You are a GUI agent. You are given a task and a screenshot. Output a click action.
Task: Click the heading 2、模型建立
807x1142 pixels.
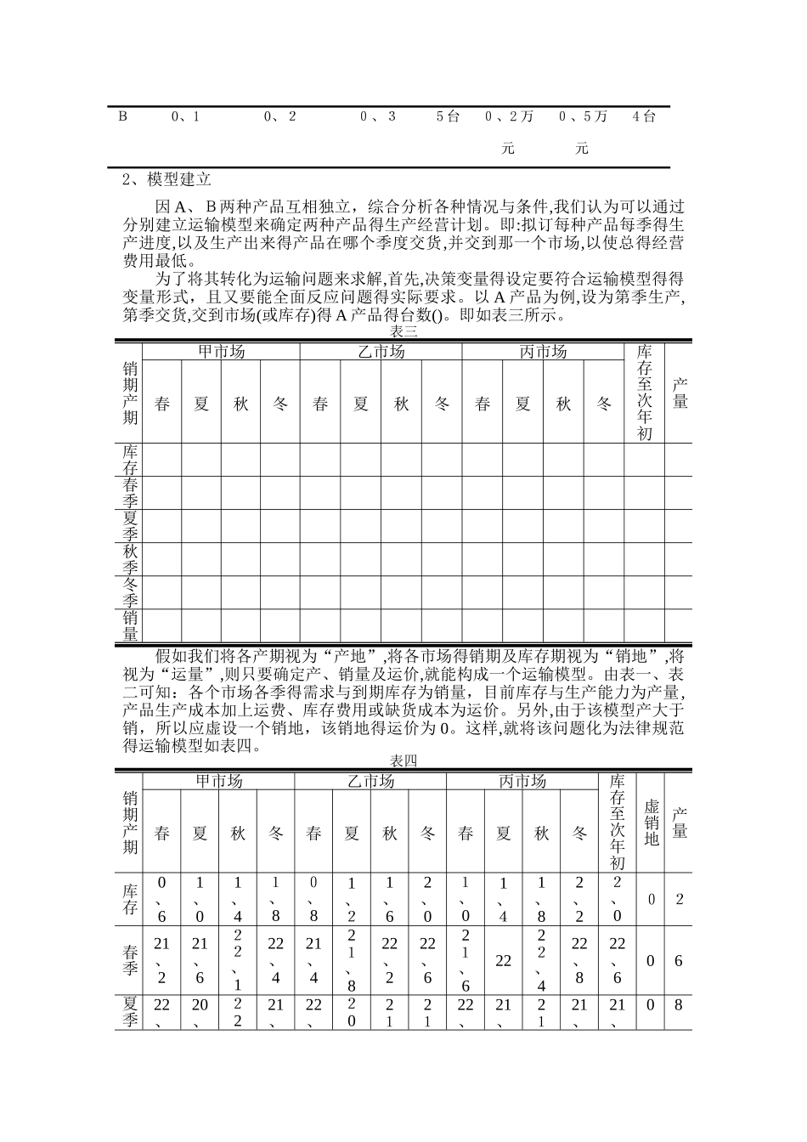pos(166,180)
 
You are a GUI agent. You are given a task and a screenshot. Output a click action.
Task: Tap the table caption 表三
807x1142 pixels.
pos(403,331)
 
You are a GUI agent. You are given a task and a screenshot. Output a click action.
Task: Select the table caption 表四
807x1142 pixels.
pos(403,760)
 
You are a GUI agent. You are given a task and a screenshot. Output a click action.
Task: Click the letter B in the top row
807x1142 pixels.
pos(122,116)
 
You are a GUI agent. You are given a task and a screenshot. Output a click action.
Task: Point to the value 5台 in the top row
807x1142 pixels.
pos(448,116)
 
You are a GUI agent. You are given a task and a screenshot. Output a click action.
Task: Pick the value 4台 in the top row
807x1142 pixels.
pos(644,116)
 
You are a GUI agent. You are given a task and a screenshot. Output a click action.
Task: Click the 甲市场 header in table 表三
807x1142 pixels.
pos(221,352)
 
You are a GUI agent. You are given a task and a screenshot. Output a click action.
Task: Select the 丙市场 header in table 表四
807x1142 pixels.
pos(522,781)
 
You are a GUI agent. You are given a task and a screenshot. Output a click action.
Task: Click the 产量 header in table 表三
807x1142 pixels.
pos(680,393)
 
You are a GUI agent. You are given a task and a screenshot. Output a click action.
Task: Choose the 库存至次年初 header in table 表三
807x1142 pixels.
pos(644,393)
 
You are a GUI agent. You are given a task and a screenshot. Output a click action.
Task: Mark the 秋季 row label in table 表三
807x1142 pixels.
pos(130,559)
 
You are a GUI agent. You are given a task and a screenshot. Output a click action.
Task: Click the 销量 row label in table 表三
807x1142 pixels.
pos(130,625)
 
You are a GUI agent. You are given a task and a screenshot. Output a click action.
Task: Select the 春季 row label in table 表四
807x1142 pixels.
pos(130,960)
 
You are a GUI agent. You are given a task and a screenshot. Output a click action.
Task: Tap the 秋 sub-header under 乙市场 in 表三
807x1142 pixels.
pos(402,404)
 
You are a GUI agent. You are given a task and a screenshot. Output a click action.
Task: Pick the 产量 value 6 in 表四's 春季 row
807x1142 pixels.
pos(679,960)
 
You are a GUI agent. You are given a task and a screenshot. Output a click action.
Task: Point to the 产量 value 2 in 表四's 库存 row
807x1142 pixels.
pos(679,898)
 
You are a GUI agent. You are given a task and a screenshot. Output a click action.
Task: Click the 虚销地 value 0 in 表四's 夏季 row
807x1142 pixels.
pos(652,1005)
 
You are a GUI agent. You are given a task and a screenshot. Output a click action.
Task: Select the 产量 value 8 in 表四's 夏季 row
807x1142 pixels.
pos(679,1005)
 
